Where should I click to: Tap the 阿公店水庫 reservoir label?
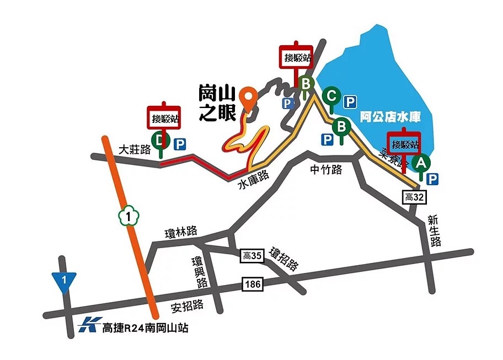coord(390,117)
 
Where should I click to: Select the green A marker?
coord(421,163)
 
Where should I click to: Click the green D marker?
coord(160,141)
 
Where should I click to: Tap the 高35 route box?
coord(251,256)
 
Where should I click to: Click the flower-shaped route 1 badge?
coord(129,216)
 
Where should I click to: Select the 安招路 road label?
coord(188,305)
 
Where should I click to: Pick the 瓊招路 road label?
coord(284,259)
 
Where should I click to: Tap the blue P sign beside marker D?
coord(180,144)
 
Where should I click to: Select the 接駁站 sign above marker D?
coord(164,117)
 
